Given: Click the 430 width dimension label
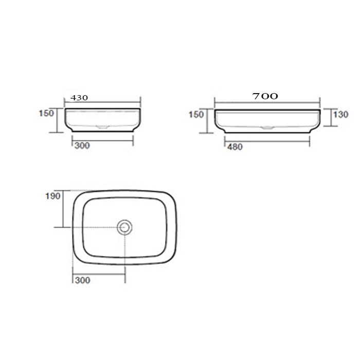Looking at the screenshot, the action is click(79, 98).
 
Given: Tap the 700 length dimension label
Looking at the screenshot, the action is click(265, 96).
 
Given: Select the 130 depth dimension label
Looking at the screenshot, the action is click(340, 114).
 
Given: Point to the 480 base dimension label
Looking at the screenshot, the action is click(235, 147).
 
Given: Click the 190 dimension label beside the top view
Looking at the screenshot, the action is click(53, 196).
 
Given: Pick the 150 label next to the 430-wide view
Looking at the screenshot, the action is click(46, 113).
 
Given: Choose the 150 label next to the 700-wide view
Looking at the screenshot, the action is click(196, 115).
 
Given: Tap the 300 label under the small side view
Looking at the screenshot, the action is click(82, 146).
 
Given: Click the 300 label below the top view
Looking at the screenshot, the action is click(83, 280).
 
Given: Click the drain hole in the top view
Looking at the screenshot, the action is click(124, 227).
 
